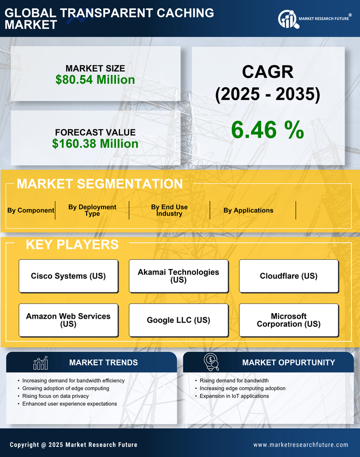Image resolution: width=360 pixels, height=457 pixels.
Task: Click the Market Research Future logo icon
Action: pyautogui.click(x=288, y=19)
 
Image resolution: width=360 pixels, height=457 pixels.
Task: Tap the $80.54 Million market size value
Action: pyautogui.click(x=95, y=80)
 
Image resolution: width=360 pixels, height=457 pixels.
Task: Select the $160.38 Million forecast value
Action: pyautogui.click(x=95, y=144)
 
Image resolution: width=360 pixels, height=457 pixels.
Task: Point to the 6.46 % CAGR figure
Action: pyautogui.click(x=267, y=130)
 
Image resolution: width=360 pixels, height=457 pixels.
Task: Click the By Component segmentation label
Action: pyautogui.click(x=31, y=210)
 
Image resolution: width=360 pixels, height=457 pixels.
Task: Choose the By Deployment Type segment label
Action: pyautogui.click(x=92, y=210)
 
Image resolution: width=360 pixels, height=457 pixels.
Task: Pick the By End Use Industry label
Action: pyautogui.click(x=169, y=210)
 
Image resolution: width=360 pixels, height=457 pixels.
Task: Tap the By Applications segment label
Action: pyautogui.click(x=248, y=210)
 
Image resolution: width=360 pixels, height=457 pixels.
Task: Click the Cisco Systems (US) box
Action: pyautogui.click(x=68, y=276)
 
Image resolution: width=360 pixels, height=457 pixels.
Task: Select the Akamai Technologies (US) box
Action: pyautogui.click(x=178, y=276)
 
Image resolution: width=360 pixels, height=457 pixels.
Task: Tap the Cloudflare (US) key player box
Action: pyautogui.click(x=289, y=276)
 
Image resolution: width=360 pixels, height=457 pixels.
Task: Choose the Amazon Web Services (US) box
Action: pyautogui.click(x=68, y=320)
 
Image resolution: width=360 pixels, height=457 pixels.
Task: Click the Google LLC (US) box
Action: pyautogui.click(x=178, y=320)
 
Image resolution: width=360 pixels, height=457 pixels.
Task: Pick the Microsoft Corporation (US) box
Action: pyautogui.click(x=289, y=320)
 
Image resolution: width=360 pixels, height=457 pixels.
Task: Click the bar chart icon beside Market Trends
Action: pyautogui.click(x=40, y=363)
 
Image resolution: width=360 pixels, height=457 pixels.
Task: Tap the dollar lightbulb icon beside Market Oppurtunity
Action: pyautogui.click(x=211, y=362)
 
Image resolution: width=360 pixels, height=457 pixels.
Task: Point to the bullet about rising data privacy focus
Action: pyautogui.click(x=55, y=396)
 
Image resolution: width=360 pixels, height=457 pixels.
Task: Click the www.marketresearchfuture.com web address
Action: pyautogui.click(x=301, y=445)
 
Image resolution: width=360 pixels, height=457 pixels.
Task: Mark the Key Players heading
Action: pyautogui.click(x=72, y=244)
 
